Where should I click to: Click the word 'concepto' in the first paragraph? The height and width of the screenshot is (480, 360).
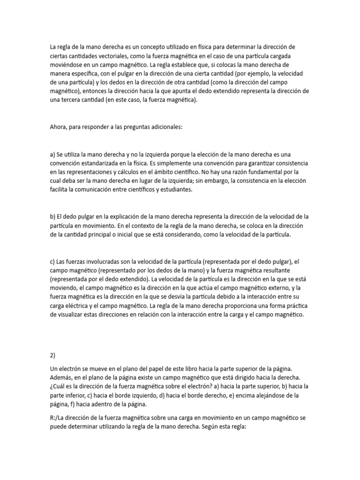pos(153,47)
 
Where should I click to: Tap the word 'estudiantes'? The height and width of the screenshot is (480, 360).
pos(172,189)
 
